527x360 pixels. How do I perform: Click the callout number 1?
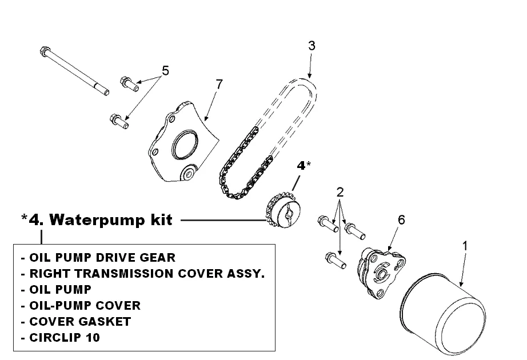[465, 246]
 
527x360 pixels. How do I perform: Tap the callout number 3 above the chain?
[312, 46]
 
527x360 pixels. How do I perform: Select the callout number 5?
[166, 71]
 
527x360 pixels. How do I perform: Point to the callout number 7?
[219, 84]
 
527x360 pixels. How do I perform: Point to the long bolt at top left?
[74, 69]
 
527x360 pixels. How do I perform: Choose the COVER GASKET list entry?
[79, 321]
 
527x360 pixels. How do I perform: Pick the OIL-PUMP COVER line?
[84, 305]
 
